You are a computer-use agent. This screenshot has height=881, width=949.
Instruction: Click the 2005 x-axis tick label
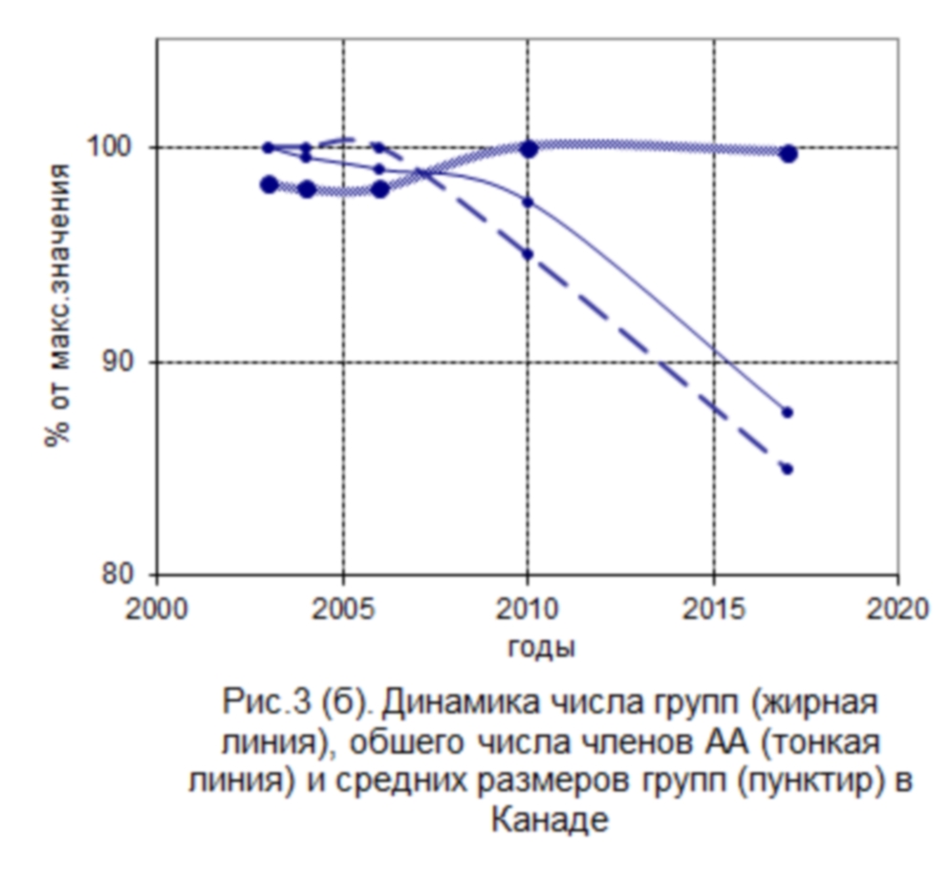coord(342,609)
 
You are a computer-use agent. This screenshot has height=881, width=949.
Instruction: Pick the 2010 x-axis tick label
coord(528,609)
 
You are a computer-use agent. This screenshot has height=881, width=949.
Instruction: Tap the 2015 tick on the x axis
coord(713,609)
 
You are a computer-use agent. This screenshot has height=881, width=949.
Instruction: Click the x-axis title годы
coord(541,648)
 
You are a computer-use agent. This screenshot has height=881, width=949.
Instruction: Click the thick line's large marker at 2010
coord(528,148)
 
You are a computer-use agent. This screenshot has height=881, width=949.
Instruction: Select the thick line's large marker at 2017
coord(787,153)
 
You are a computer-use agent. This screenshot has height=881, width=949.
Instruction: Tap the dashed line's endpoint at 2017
coord(787,469)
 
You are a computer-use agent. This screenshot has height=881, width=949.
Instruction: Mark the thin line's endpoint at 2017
coord(787,412)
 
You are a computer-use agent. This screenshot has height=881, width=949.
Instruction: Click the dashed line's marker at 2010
coord(528,253)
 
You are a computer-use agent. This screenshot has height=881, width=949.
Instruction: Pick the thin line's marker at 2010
coord(528,202)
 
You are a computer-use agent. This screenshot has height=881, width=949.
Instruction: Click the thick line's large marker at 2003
coord(269,185)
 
